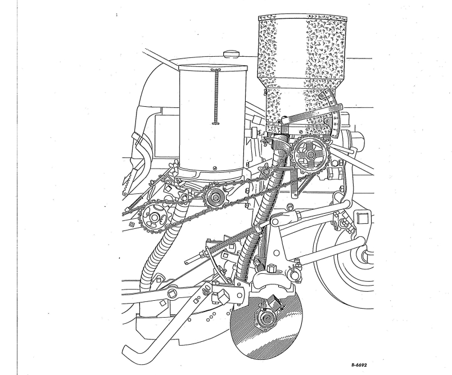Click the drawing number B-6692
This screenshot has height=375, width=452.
click(x=359, y=365)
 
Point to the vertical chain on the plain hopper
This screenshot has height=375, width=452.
click(x=216, y=97)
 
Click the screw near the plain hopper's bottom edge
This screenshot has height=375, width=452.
click(x=214, y=168)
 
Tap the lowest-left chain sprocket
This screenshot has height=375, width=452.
click(x=153, y=218)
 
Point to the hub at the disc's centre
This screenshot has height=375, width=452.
click(x=266, y=319)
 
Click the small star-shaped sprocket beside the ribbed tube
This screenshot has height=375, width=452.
click(x=264, y=170)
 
